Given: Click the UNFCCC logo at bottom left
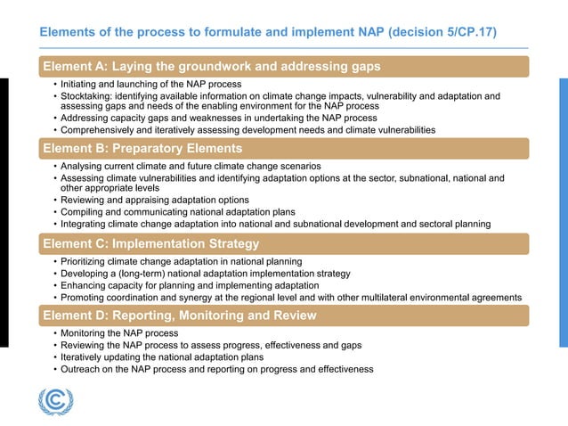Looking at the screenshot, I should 55,401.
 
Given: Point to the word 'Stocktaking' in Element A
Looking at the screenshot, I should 86,96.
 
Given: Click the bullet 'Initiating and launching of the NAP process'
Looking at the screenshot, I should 151,84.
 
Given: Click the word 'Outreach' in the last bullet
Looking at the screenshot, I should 81,369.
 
